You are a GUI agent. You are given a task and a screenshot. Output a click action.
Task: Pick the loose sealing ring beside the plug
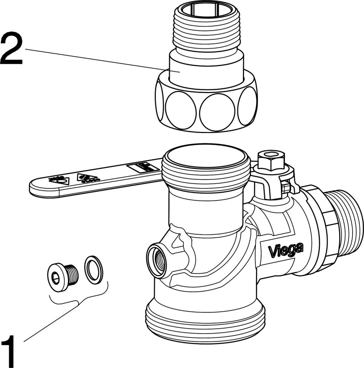click(93, 269)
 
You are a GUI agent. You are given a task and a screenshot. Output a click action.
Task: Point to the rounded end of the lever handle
click(40, 188)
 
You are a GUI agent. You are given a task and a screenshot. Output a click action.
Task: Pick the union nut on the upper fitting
click(206, 108)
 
